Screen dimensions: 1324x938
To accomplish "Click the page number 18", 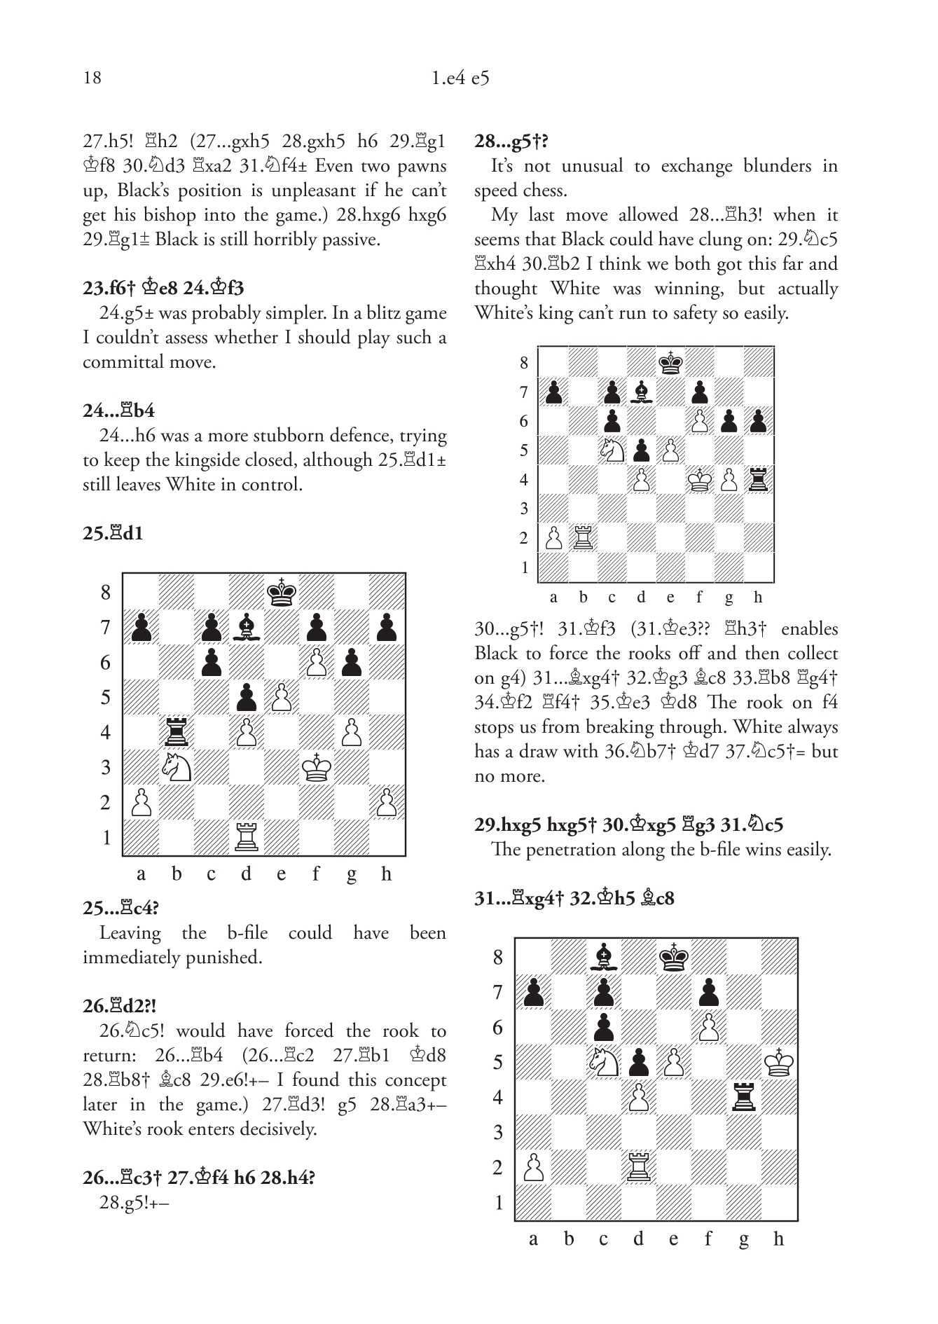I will (92, 78).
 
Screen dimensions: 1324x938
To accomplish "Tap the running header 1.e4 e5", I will (460, 78).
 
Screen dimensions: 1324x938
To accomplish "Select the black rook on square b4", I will (176, 733).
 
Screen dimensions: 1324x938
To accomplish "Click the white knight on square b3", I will (176, 768).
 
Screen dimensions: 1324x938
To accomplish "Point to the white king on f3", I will (316, 768).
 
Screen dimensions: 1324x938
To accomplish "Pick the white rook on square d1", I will (246, 838).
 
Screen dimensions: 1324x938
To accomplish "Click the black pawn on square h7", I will (386, 628).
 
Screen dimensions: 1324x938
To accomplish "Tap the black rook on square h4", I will (758, 480).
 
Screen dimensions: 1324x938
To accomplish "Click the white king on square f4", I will (699, 480).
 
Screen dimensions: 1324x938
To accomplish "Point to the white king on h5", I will (778, 1063).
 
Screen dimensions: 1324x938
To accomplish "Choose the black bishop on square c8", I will (603, 958).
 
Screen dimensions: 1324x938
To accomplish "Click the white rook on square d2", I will (638, 1168).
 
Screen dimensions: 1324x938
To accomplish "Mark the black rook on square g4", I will (743, 1098).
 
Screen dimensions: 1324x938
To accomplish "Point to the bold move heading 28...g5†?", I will (511, 142).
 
